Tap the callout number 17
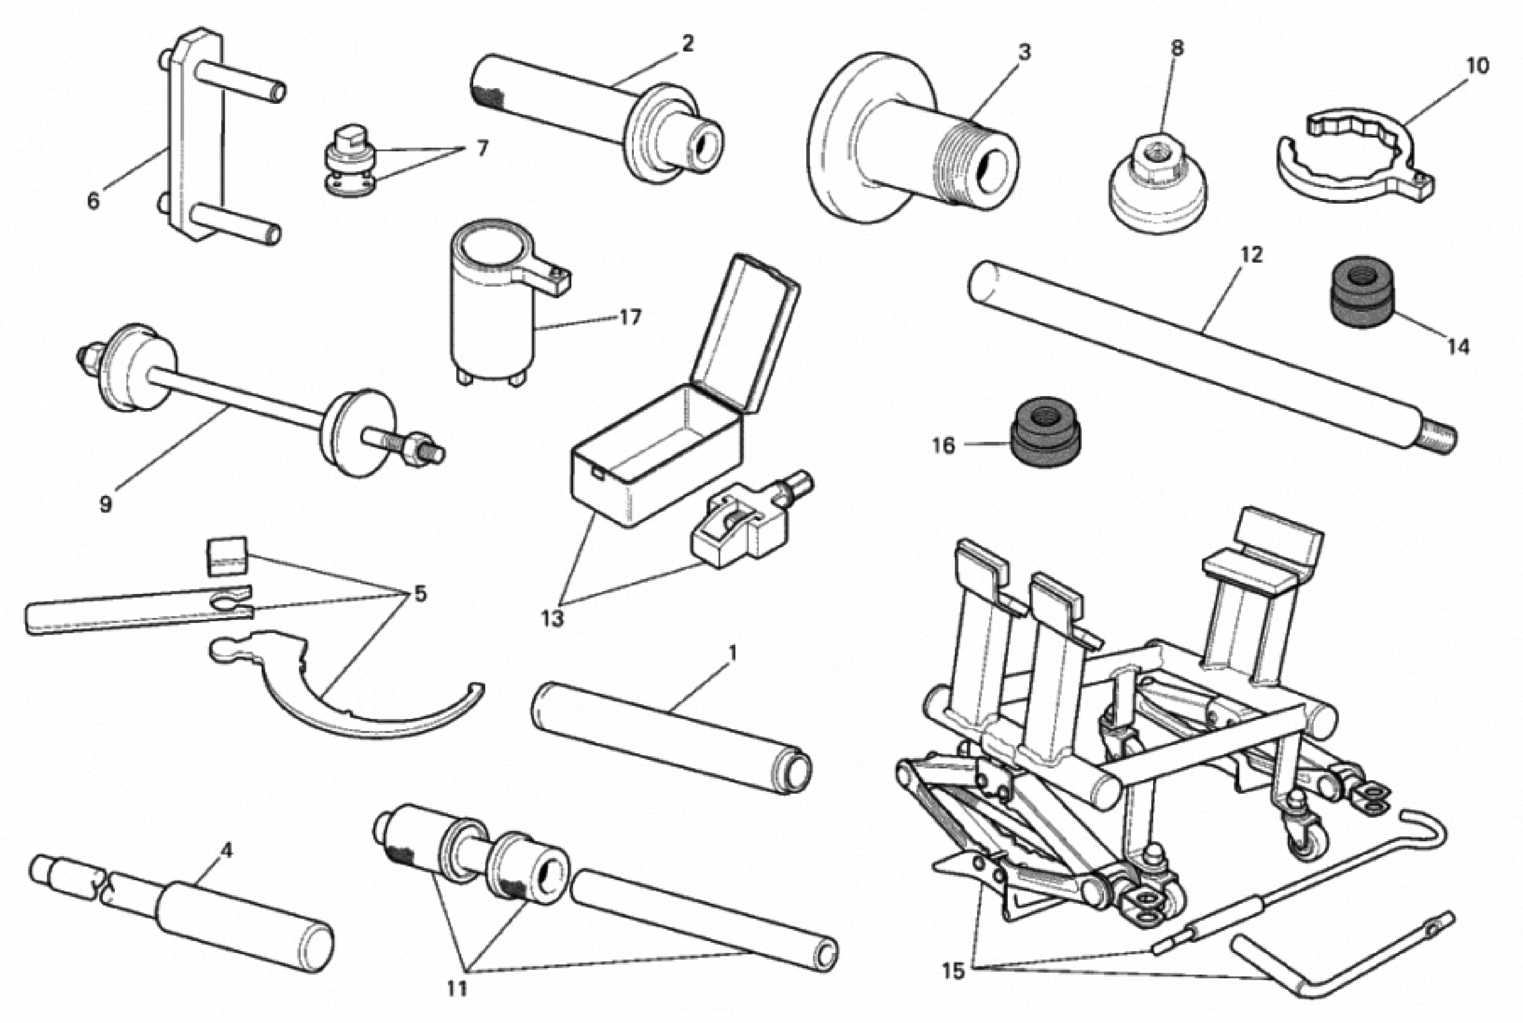630,318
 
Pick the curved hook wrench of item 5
339,705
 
